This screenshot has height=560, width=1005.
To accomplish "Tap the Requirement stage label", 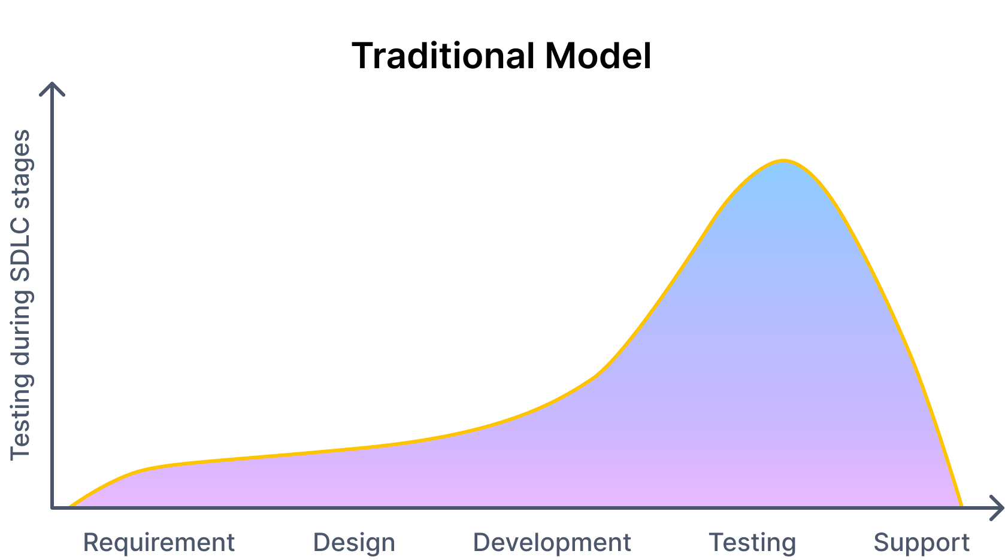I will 159,543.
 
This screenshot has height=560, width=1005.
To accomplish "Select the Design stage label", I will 354,543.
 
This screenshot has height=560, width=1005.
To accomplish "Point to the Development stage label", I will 552,543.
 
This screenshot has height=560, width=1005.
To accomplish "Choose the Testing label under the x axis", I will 752,543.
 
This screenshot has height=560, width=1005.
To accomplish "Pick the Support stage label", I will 921,543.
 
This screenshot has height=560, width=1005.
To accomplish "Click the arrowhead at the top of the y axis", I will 53,87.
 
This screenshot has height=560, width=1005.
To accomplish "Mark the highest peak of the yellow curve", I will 783,160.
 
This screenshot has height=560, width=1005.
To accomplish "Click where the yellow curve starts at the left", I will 71,506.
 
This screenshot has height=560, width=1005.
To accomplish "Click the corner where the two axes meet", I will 53,507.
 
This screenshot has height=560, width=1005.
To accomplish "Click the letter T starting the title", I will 362,56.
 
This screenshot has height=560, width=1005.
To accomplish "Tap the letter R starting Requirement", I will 90,543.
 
